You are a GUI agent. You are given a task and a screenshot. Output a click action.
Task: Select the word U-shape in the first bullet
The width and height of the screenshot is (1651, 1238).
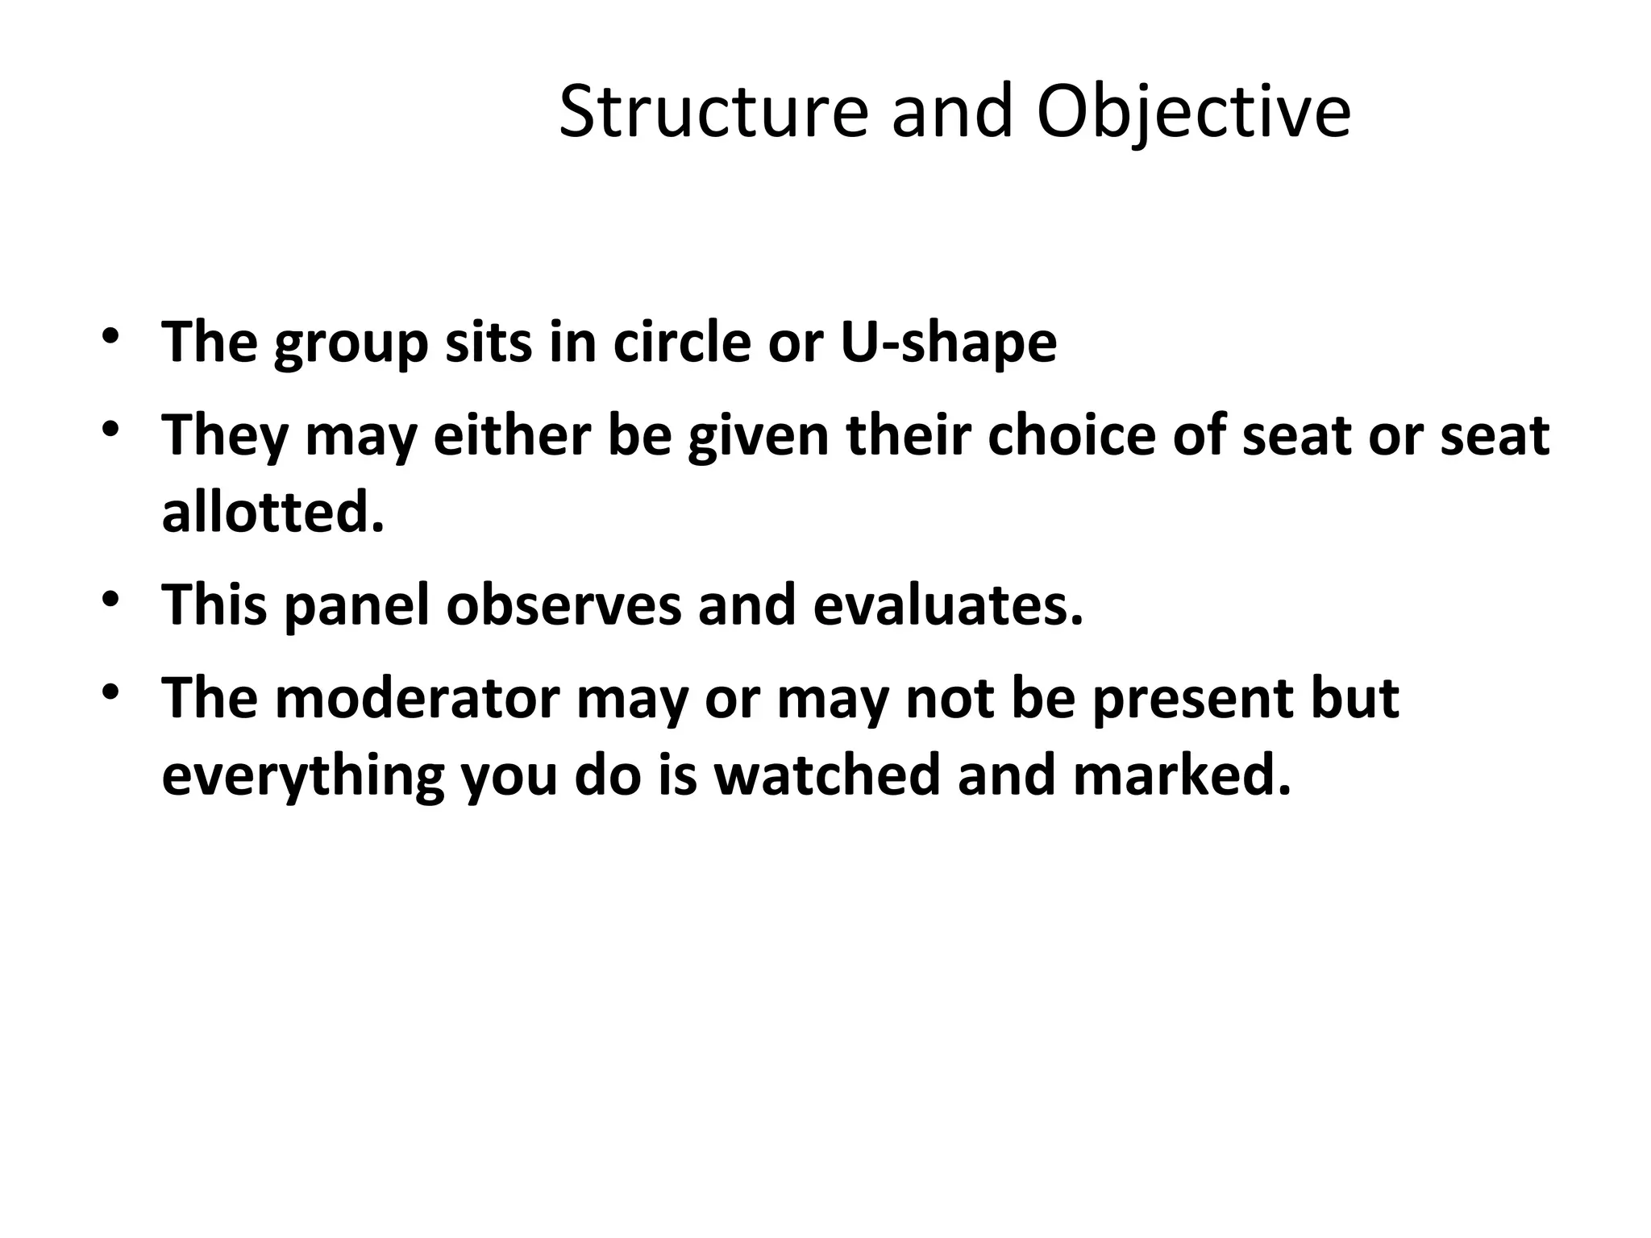click(x=948, y=343)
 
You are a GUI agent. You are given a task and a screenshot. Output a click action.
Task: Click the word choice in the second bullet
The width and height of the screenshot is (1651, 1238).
click(x=1071, y=436)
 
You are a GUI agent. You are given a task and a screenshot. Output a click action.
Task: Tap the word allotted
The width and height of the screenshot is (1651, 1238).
click(x=272, y=513)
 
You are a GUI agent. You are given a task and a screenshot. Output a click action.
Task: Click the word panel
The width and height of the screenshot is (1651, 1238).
click(x=357, y=605)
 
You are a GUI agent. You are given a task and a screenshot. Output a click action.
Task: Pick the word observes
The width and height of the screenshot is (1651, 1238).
click(x=564, y=605)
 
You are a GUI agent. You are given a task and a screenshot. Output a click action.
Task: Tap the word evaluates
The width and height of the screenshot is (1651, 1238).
click(x=948, y=605)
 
